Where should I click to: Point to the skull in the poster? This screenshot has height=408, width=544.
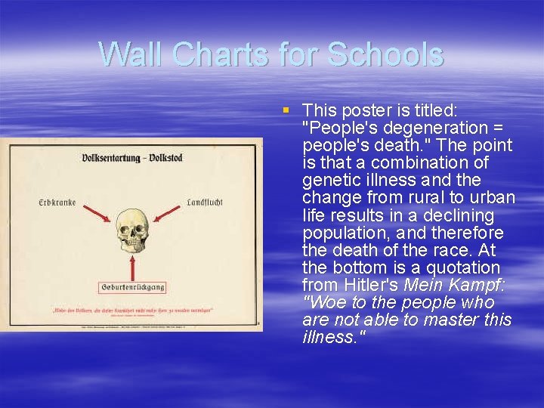132,230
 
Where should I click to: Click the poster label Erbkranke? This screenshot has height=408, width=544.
57,203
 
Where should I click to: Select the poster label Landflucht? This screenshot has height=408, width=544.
204,202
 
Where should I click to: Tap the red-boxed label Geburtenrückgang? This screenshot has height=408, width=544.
132,287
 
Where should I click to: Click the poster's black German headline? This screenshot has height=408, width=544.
132,158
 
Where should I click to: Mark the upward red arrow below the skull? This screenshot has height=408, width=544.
132,266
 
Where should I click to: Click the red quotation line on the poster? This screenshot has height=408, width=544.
132,310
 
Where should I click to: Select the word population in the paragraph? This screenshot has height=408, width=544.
341,233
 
